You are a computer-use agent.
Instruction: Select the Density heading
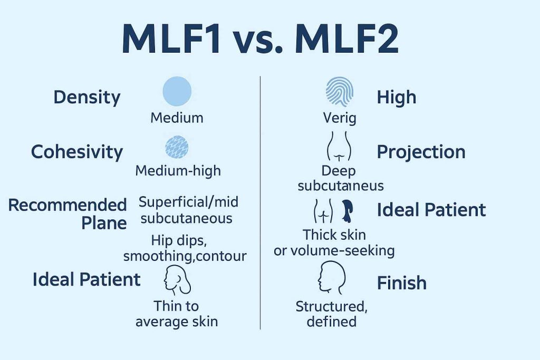(87, 98)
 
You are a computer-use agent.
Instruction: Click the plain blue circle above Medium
(177, 91)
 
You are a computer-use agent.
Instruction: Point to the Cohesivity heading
(77, 152)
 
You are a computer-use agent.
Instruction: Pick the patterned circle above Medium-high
(177, 147)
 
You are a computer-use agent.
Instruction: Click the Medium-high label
(178, 171)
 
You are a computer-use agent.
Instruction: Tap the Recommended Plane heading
(67, 213)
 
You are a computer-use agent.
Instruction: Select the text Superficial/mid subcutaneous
(188, 210)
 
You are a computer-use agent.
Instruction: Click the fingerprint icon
(340, 91)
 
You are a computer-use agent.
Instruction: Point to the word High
(397, 98)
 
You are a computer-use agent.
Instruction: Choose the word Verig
(340, 119)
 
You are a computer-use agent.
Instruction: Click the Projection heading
(421, 152)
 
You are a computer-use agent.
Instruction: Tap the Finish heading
(401, 283)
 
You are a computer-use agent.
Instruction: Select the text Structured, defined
(332, 314)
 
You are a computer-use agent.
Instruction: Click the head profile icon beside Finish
(331, 277)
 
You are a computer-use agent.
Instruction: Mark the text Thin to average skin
(177, 314)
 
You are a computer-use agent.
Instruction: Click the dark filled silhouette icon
(348, 211)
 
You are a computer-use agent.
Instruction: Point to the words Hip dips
(179, 240)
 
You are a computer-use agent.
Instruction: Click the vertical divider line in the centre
(261, 203)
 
